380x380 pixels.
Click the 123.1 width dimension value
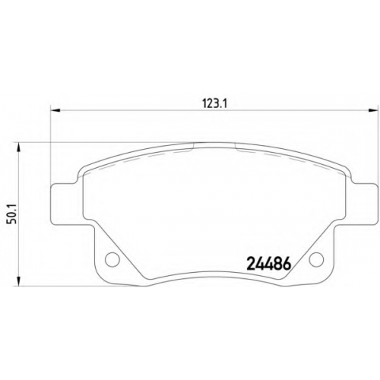(x=214, y=104)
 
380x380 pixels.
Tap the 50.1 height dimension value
(x=11, y=214)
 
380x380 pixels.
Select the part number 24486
(x=268, y=264)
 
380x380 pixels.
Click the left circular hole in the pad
(x=112, y=259)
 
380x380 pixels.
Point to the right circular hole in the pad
(x=316, y=259)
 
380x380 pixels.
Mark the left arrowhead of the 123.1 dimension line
(x=55, y=110)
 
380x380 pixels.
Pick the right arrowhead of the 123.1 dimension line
(x=373, y=110)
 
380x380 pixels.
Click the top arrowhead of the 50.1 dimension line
(x=18, y=147)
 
